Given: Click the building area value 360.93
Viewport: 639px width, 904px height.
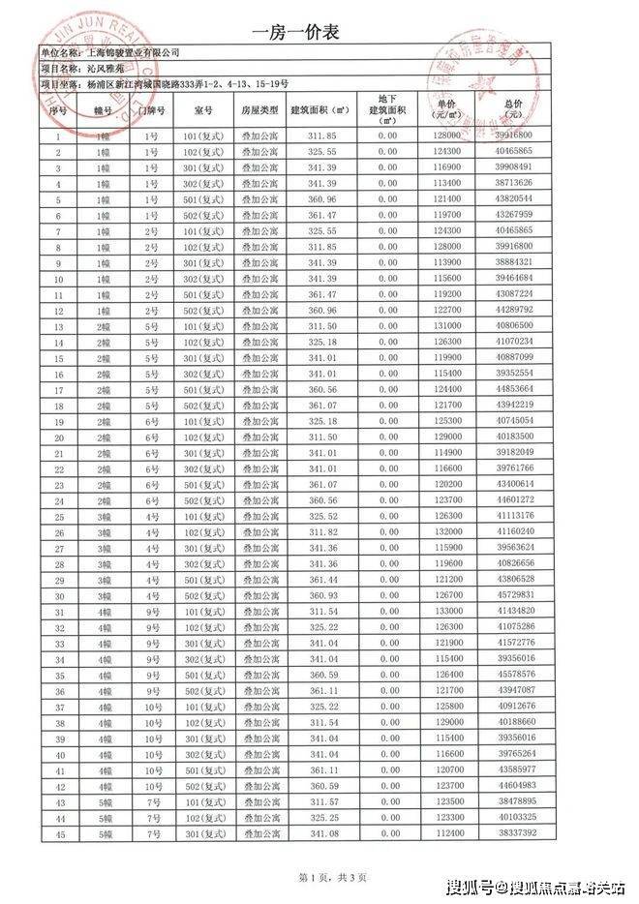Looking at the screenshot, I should point(321,594).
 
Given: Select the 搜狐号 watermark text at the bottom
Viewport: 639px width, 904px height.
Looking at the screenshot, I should point(471,888).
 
